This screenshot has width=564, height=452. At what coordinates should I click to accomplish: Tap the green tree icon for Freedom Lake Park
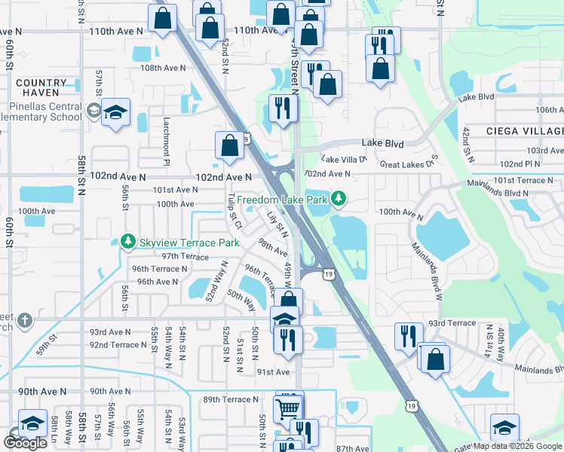tap(340, 199)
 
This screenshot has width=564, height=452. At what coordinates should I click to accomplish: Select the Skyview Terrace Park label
tap(189, 243)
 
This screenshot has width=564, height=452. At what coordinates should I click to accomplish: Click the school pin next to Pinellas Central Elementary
tap(115, 112)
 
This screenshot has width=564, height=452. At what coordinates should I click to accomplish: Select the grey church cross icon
tap(24, 320)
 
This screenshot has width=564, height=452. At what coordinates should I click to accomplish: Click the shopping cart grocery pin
tap(287, 409)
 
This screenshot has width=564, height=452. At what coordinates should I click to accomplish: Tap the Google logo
tap(25, 442)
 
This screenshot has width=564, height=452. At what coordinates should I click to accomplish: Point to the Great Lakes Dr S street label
tap(409, 163)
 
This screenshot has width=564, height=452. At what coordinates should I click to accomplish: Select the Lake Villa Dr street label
tap(343, 159)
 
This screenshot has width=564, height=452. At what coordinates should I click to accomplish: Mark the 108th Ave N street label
tap(163, 68)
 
